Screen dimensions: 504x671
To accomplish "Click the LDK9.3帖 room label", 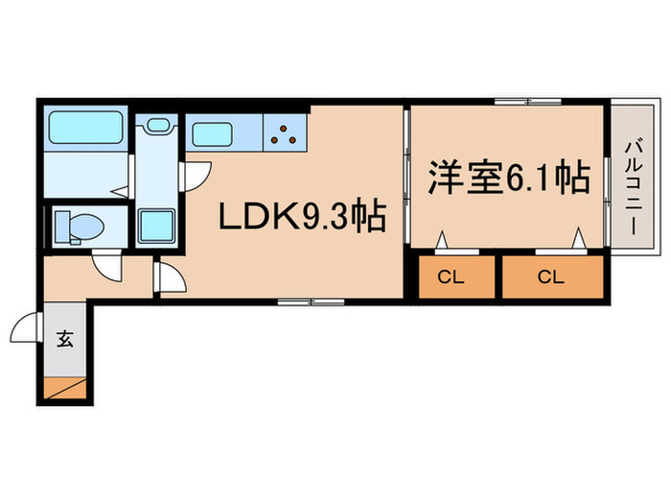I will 303,218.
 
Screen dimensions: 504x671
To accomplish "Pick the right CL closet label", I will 551,278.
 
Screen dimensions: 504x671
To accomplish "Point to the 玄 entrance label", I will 65,339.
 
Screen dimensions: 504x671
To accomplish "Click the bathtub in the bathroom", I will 83,128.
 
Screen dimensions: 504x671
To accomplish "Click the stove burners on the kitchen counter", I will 284,133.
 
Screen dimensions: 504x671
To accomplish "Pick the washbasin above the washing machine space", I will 157,125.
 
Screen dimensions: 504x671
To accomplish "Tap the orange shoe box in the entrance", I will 67,388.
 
